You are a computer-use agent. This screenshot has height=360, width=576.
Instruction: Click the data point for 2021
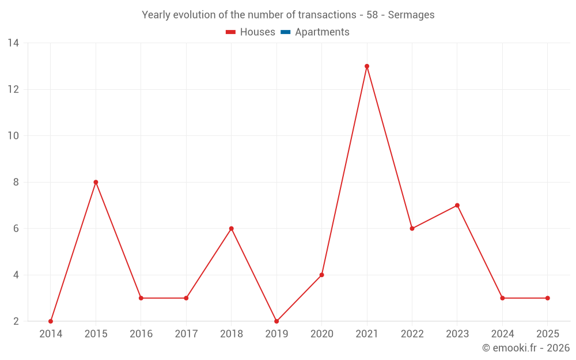coord(367,66)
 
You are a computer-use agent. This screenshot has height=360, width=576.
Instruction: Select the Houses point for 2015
coord(96,182)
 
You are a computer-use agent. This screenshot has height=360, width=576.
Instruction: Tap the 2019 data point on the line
coord(276,321)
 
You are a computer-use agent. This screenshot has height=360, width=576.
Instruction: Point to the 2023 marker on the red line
coord(457,205)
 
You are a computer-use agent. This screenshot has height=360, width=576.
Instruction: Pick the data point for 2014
coord(51,321)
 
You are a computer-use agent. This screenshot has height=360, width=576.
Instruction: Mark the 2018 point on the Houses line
coord(231,229)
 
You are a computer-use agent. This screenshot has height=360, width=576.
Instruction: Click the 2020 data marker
coord(321,275)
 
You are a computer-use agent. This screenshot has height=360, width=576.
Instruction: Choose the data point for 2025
coord(547,298)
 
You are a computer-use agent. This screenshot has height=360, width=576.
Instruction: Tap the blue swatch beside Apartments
coord(286,32)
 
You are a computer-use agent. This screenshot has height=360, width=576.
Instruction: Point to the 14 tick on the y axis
coord(13,43)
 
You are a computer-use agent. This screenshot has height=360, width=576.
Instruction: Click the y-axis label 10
coord(13,136)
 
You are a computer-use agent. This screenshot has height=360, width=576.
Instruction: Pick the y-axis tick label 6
coord(16,229)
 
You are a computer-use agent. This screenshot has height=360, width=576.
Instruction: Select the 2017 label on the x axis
coord(186,334)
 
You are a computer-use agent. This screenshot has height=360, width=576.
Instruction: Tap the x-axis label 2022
coord(412,334)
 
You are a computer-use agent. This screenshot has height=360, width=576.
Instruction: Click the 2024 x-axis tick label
coord(502,334)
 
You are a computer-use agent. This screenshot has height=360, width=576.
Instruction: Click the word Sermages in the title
coord(411,15)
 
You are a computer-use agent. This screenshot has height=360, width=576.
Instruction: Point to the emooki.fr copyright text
coord(525,348)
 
